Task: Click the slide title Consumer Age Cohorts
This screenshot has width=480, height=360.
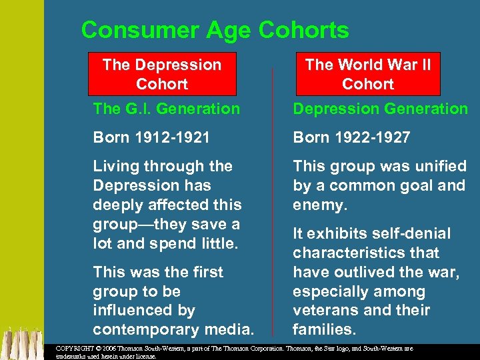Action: point(215,30)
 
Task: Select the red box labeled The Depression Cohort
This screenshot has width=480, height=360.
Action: point(162,74)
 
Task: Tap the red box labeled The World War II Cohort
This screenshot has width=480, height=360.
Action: point(368,74)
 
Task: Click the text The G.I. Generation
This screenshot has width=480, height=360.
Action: point(166,109)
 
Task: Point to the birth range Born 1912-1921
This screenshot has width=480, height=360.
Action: point(151,137)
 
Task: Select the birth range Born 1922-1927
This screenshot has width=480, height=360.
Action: point(351,137)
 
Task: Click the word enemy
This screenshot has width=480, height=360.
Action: point(319,205)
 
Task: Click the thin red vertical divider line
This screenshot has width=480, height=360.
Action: point(273,200)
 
